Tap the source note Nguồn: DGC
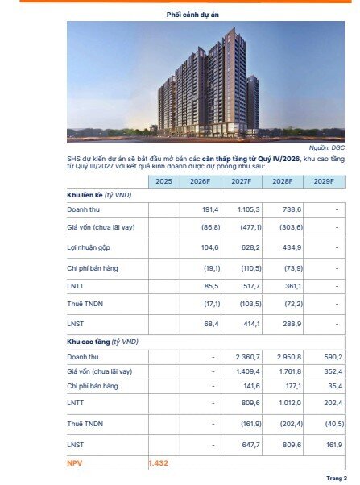[327, 148]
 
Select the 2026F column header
[200, 182]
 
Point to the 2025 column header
[163, 182]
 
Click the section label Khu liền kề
[100, 196]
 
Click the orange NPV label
[76, 464]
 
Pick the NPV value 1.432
[159, 464]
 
